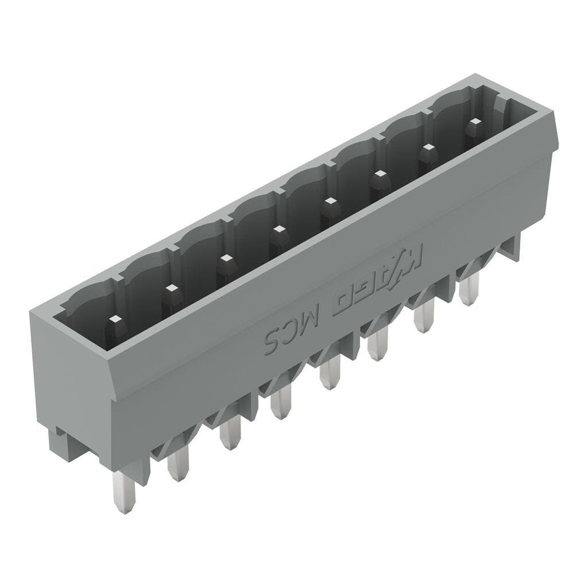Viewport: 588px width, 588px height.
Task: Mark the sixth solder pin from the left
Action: point(376,346)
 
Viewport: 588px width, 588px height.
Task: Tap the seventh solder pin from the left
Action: point(424,317)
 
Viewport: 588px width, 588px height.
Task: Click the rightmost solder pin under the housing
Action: point(469,290)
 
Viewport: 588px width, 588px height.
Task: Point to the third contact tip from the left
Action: point(225,259)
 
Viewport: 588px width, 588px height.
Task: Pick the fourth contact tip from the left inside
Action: point(278,230)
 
